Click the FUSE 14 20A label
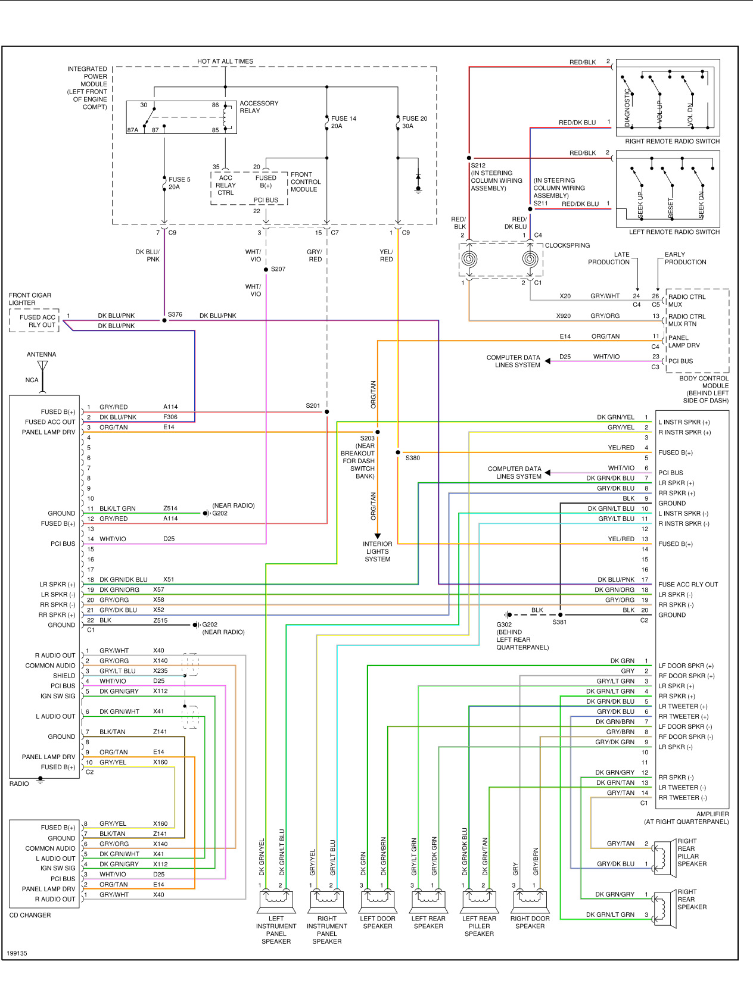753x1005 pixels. tap(343, 122)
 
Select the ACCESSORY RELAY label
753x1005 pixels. tap(259, 107)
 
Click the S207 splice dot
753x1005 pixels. tap(266, 270)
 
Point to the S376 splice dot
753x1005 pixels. tap(164, 320)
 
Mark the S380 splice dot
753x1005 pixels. tap(398, 452)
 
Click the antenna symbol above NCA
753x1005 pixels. tap(42, 366)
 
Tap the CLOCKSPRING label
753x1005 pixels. tap(567, 245)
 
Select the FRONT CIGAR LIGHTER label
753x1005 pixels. tap(30, 299)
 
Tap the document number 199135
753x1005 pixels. tap(17, 953)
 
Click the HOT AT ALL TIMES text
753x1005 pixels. tap(225, 61)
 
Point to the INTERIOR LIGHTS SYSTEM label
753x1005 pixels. tap(378, 551)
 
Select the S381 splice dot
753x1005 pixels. tap(561, 614)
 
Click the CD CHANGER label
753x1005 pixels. tap(30, 915)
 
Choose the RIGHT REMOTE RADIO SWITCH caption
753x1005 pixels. tap(672, 141)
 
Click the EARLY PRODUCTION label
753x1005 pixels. tap(685, 258)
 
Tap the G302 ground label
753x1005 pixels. tap(504, 625)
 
